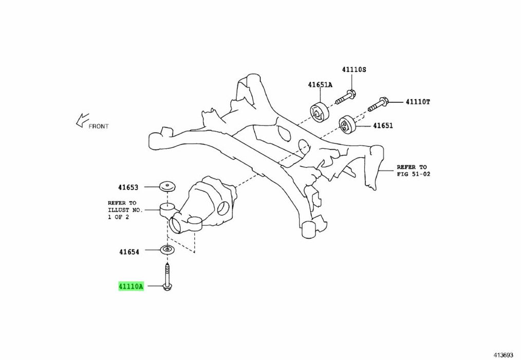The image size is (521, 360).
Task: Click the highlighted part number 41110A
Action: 131,286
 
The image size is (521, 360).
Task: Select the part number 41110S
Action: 354,69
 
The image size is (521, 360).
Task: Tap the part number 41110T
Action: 418,102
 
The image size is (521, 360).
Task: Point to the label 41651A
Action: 320,85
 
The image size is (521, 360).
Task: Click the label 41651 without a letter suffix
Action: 383,126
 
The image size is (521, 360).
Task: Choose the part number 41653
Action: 128,188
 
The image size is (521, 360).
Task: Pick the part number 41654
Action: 129,252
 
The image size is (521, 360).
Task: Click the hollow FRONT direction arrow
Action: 82,120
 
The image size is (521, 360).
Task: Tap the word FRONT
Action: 98,127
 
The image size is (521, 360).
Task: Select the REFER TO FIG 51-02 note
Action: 413,170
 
